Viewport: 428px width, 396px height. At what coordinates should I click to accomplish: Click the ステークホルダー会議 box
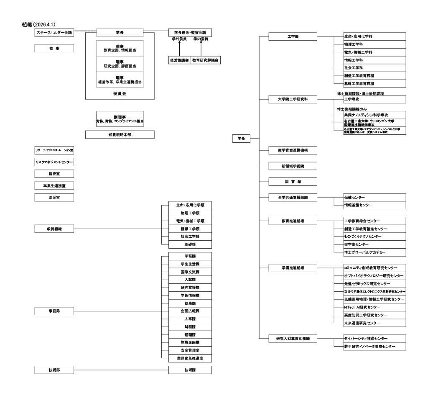(x=54, y=33)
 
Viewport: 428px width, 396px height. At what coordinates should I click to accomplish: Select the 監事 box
(x=54, y=49)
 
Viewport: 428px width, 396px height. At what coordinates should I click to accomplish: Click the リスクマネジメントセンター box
(x=54, y=162)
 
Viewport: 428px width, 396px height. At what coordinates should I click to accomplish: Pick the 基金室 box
(x=54, y=196)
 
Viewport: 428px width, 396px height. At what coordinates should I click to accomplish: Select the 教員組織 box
(x=54, y=229)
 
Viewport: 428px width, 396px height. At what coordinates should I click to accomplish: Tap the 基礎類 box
(x=190, y=244)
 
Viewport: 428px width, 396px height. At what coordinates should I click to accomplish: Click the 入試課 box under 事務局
(x=190, y=280)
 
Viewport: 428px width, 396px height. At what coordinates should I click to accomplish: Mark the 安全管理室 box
(x=190, y=350)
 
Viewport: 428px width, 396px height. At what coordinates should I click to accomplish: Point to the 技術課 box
(x=190, y=370)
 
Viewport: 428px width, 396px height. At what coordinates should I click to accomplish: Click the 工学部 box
(x=293, y=37)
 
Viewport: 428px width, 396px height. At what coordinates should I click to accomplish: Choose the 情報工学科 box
(x=369, y=60)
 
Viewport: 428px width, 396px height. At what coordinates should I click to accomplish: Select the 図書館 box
(x=293, y=181)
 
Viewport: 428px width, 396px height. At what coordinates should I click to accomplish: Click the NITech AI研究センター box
(x=369, y=307)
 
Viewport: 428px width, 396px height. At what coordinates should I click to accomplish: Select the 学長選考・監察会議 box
(x=190, y=32)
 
